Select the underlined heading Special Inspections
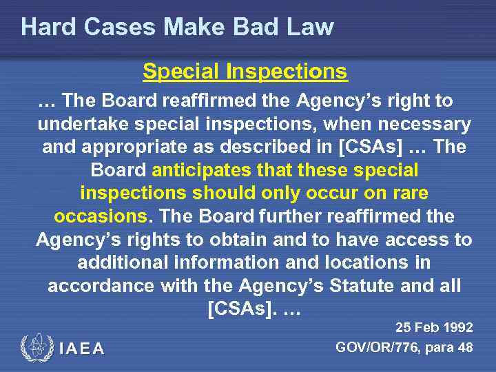click(x=245, y=71)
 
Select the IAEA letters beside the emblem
click(x=82, y=349)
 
